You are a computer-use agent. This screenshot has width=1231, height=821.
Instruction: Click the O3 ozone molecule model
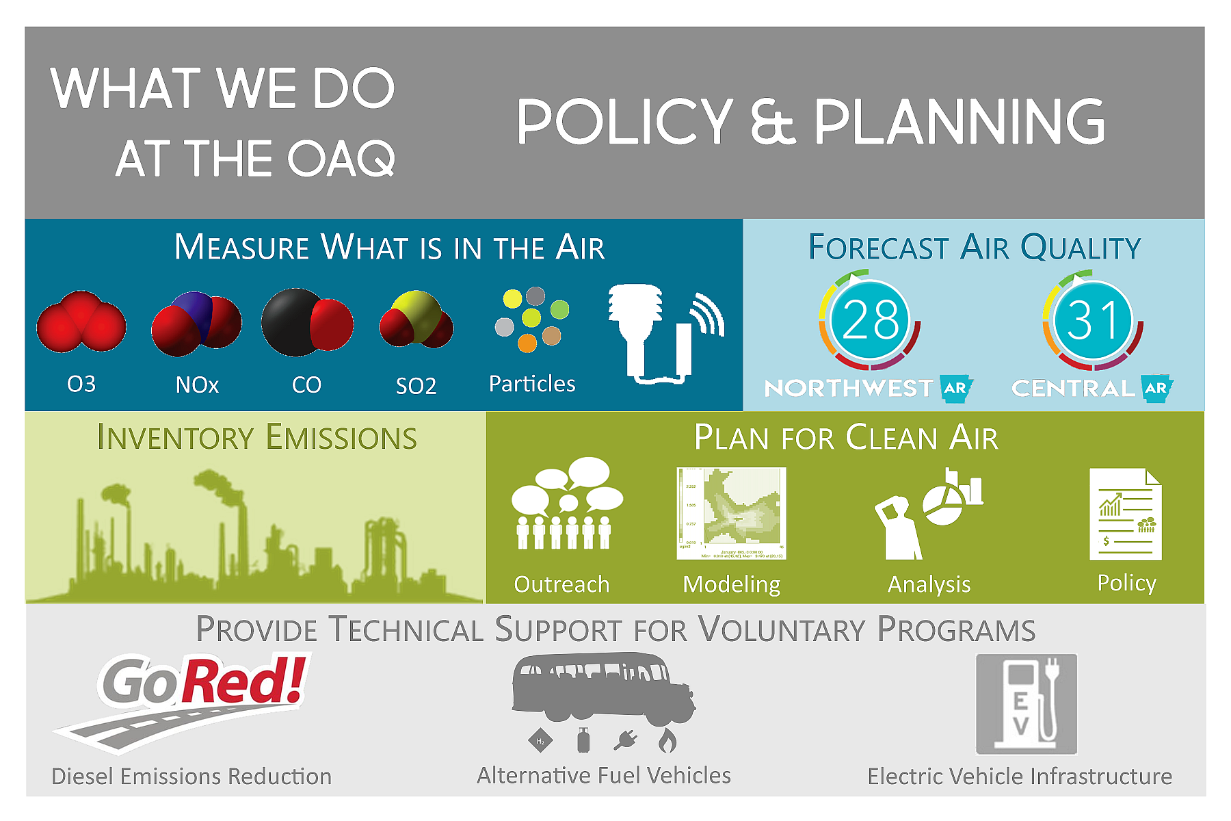(x=81, y=322)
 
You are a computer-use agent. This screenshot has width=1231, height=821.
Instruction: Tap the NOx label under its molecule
(x=197, y=385)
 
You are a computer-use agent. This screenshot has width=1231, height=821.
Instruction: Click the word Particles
(x=532, y=384)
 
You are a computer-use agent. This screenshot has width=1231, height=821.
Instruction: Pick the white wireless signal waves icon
(x=709, y=315)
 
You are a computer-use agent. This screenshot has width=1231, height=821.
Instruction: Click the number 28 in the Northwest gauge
(x=870, y=320)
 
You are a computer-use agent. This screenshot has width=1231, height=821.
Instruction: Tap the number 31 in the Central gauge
(x=1092, y=320)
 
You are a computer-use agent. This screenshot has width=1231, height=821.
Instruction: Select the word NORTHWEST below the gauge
(x=848, y=389)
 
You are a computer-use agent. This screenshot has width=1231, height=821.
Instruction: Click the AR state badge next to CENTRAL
(x=1156, y=388)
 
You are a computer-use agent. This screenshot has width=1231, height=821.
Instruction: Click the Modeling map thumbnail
(x=731, y=513)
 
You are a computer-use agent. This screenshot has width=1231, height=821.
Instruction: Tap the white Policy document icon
(x=1125, y=514)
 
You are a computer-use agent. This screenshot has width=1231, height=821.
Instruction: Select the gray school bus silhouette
(x=602, y=688)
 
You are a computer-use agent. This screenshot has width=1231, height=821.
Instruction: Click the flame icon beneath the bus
(x=667, y=740)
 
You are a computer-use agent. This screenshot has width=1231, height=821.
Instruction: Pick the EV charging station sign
(x=1026, y=703)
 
